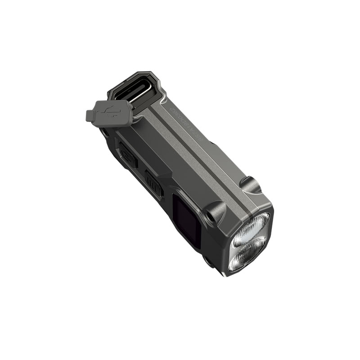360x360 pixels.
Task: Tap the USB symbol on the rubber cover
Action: pyautogui.click(x=113, y=112)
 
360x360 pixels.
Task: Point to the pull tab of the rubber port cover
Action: pyautogui.click(x=90, y=116)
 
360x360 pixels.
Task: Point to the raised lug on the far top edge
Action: pyautogui.click(x=250, y=184)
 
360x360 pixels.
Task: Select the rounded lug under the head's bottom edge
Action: pyautogui.click(x=208, y=261)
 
